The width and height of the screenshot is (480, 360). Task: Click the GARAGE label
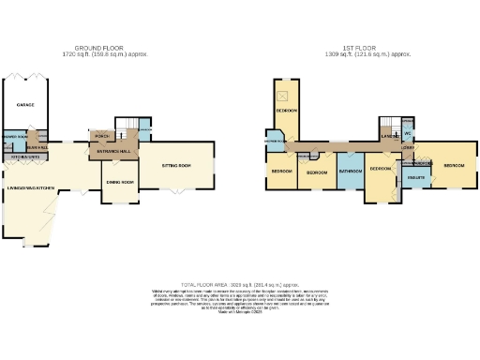point(26,106)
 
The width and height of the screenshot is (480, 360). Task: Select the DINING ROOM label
point(121,181)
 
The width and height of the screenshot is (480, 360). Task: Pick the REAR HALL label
point(37,146)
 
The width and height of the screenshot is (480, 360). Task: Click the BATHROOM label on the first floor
point(351,172)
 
